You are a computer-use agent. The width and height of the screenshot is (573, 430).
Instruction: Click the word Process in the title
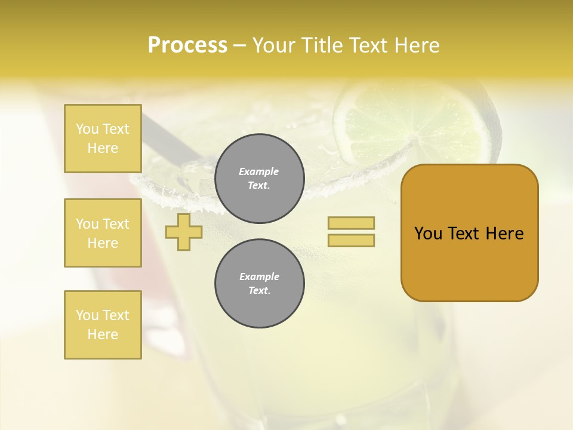pos(187,45)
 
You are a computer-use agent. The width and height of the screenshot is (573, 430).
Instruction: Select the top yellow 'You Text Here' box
pos(103,139)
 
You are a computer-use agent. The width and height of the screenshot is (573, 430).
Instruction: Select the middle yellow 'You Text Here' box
pos(103,233)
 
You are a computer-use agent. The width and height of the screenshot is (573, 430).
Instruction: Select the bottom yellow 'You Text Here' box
pos(103,325)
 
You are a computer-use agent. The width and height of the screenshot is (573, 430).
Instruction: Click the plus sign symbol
pos(184,232)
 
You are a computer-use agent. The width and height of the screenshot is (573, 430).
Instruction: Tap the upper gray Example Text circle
pos(260,179)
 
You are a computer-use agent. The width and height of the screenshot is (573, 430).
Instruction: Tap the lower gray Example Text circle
pos(260,284)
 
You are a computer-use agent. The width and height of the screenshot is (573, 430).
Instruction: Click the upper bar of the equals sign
pos(351,223)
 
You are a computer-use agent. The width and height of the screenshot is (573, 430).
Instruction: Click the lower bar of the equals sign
pos(351,241)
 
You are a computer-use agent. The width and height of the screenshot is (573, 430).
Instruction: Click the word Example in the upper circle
pos(258,171)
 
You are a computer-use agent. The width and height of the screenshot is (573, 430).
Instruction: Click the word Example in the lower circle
pos(259,277)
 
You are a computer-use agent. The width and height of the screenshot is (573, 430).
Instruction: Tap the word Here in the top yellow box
pos(103,148)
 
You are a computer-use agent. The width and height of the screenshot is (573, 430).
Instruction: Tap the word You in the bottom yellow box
pos(87,315)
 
